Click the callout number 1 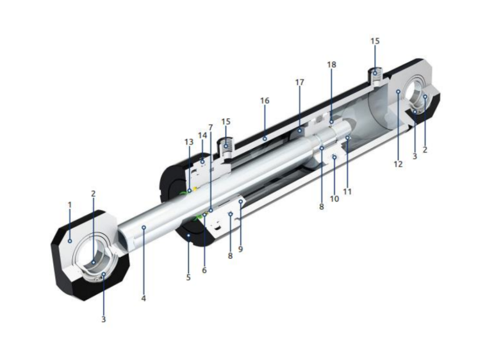click(70, 205)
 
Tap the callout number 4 click(144, 299)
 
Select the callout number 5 click(188, 277)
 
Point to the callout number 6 click(204, 270)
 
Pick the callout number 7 click(210, 127)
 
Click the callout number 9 click(240, 249)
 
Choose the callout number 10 click(334, 199)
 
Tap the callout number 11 click(347, 192)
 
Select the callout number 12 click(398, 164)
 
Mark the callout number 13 click(189, 142)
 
